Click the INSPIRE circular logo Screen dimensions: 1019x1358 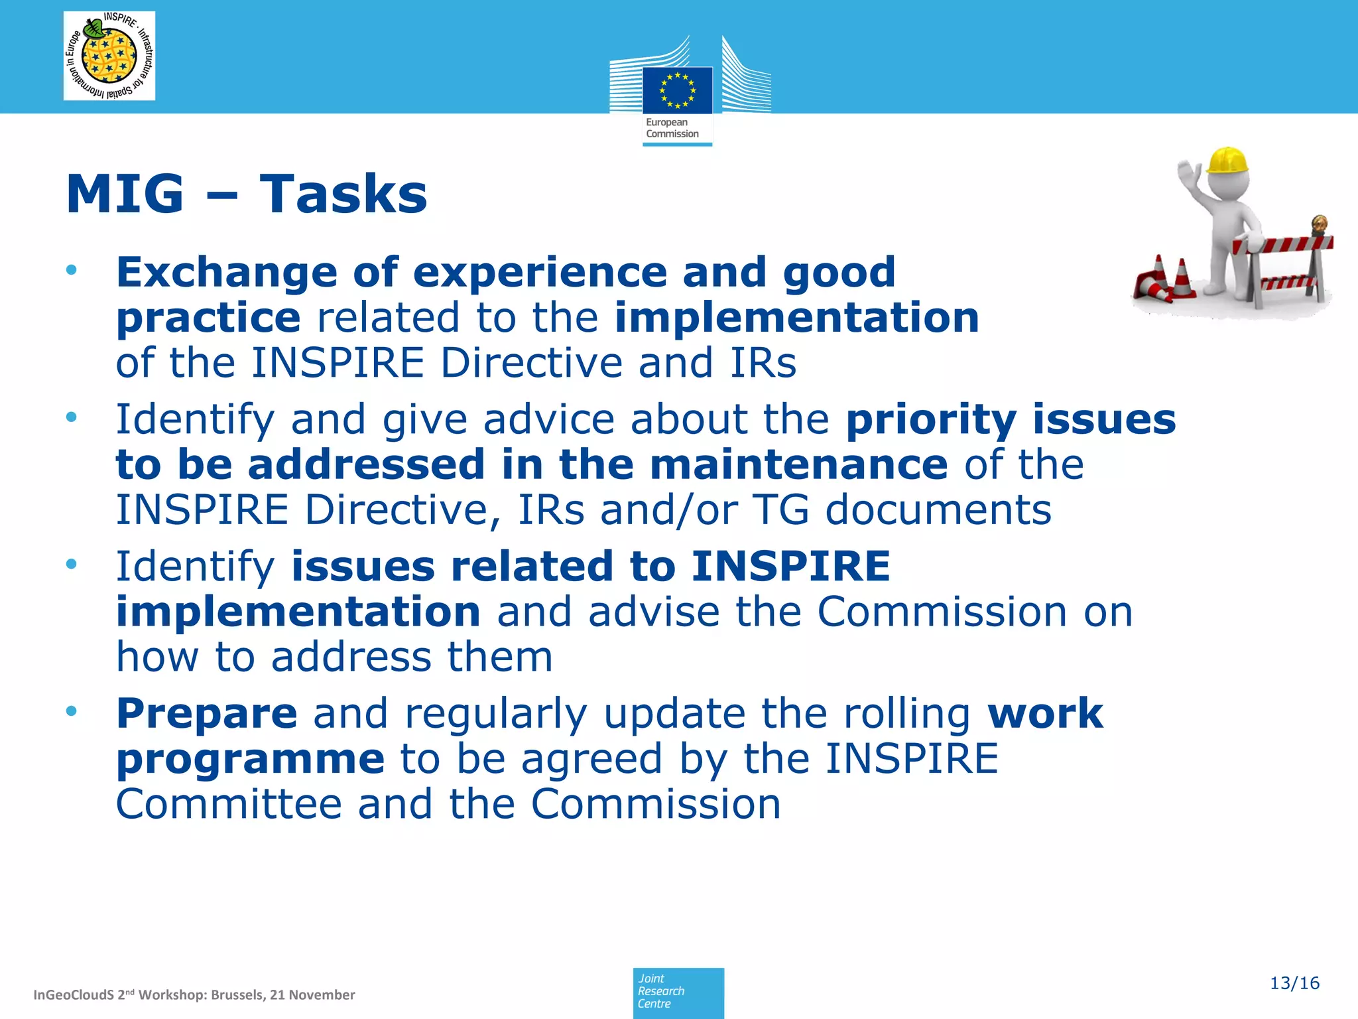point(109,56)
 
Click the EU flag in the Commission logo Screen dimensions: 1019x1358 point(677,90)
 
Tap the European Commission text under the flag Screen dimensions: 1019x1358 point(672,128)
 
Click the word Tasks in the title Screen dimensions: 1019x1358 point(343,194)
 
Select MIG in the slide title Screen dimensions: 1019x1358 point(125,194)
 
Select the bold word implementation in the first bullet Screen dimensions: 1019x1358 point(796,318)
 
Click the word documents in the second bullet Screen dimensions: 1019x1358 point(938,509)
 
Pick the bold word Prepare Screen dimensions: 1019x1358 point(206,714)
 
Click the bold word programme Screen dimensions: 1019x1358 point(250,759)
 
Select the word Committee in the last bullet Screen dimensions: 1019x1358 point(229,804)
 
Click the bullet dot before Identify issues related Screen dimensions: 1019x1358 point(72,565)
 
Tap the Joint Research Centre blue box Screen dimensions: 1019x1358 point(678,992)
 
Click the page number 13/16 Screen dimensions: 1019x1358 point(1294,983)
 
